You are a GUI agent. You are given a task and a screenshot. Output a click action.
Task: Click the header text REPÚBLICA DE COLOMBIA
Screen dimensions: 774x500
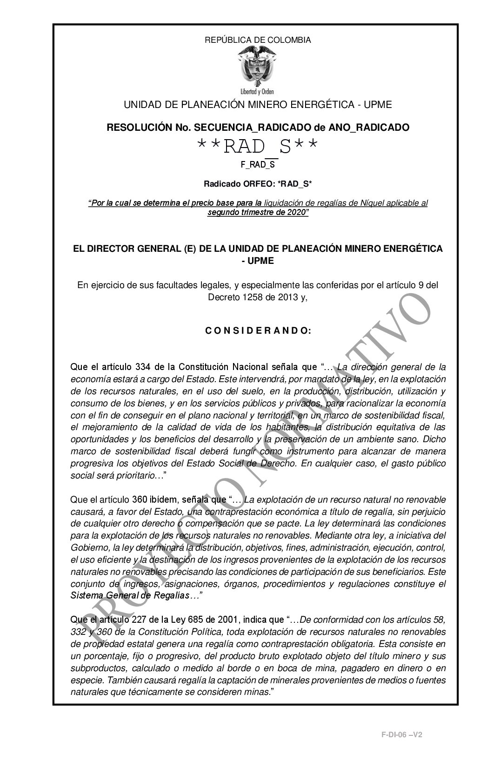point(258,40)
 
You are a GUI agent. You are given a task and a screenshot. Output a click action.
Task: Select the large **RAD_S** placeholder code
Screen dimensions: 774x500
point(258,147)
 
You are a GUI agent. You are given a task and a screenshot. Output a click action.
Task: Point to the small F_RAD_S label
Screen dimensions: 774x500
point(258,164)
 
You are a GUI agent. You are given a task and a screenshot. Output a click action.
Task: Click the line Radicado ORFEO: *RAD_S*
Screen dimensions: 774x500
point(258,184)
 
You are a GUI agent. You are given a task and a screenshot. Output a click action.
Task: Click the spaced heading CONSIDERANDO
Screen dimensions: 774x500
point(258,331)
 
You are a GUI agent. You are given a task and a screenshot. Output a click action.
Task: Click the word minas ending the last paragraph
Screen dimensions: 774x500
point(259,692)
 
